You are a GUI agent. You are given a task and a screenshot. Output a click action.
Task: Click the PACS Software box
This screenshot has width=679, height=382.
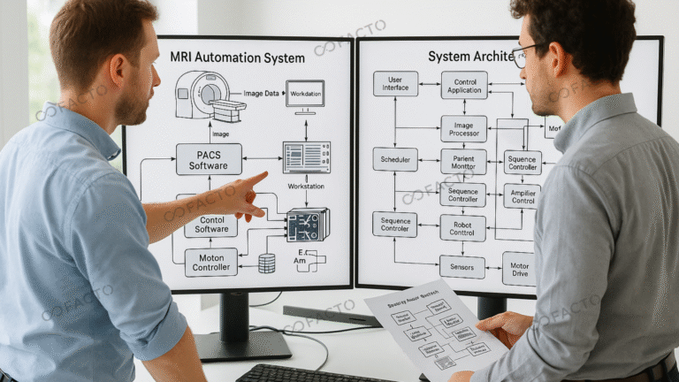[209, 159]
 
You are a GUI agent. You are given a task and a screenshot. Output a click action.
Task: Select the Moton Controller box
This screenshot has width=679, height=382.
[210, 262]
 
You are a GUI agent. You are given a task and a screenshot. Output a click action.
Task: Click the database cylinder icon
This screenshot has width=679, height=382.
[266, 263]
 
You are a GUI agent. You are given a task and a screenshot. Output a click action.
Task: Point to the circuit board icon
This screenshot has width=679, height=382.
[307, 225]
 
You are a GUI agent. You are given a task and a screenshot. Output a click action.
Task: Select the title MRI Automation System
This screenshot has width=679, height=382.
[237, 57]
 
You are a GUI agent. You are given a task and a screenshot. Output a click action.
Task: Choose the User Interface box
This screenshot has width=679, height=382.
[395, 83]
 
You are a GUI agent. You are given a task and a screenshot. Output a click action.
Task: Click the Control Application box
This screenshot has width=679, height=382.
[463, 84]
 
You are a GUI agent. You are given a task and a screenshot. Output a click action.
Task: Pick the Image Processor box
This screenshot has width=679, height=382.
[463, 128]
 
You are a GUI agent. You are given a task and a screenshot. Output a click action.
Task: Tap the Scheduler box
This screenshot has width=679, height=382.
[395, 159]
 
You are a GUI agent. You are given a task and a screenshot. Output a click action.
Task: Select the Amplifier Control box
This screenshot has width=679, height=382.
[522, 195]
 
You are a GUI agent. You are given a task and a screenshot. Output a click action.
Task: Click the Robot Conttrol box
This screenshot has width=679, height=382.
[463, 227]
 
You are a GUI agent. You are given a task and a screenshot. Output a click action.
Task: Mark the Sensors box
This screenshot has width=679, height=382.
[462, 266]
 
